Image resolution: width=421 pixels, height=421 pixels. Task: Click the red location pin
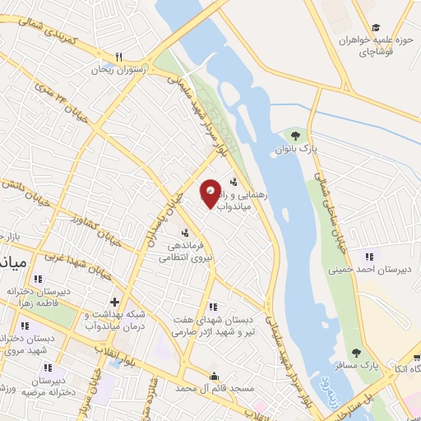(211, 193)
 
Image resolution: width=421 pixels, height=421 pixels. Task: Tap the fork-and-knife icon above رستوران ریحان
(119, 57)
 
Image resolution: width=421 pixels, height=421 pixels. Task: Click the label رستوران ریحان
(121, 70)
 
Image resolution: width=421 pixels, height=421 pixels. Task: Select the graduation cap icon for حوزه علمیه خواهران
(376, 27)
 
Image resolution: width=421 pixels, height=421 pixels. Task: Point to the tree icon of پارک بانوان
(295, 135)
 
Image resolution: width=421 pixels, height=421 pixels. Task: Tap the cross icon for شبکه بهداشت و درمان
(115, 301)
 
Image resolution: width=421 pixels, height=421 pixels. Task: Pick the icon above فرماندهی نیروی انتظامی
(186, 232)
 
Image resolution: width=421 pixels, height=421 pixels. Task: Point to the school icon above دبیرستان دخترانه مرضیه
(49, 368)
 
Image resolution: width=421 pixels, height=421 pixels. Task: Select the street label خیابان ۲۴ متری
(58, 99)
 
